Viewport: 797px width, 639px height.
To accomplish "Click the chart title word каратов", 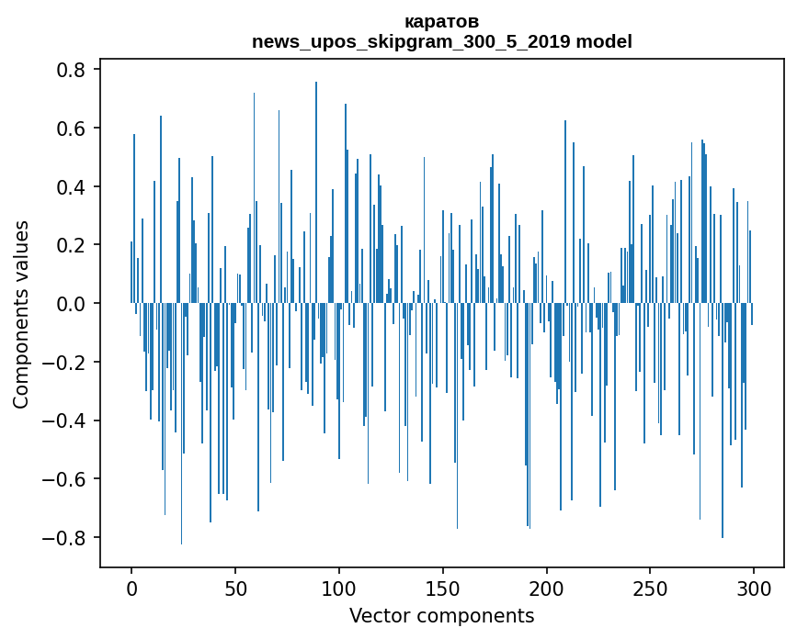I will [x=441, y=21].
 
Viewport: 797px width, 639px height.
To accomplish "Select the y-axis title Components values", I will [x=21, y=314].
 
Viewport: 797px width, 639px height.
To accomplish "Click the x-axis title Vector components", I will [x=441, y=615].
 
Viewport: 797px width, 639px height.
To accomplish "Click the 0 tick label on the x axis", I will [x=131, y=588].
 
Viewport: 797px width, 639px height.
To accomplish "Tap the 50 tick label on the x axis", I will [x=235, y=588].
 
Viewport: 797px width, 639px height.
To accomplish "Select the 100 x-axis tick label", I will [x=339, y=588].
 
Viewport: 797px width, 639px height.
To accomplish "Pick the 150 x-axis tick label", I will [x=442, y=588].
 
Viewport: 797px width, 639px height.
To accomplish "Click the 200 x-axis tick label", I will [x=546, y=588].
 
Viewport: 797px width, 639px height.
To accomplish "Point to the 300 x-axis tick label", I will [x=754, y=588].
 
